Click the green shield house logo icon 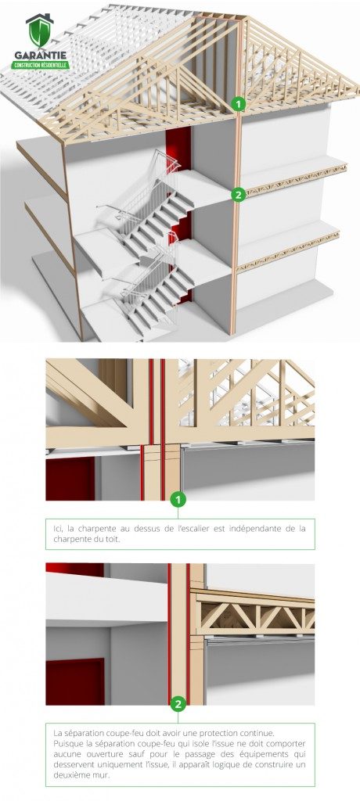[x=39, y=31]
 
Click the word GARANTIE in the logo [x=39, y=56]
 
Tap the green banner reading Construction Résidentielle [x=40, y=66]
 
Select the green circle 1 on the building [x=238, y=104]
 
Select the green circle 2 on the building [x=238, y=194]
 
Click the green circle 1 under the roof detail [x=178, y=500]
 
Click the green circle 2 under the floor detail [x=178, y=704]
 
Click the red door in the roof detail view [x=70, y=479]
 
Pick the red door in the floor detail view [x=74, y=682]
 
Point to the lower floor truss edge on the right [x=288, y=253]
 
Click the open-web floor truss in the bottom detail [x=253, y=616]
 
